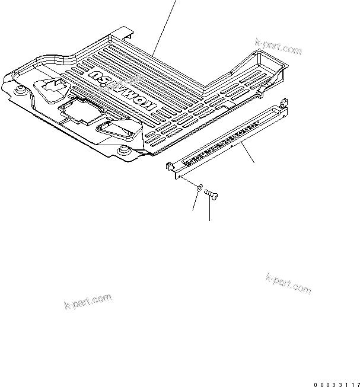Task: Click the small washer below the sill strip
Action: click(200, 188)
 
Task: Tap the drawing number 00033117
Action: click(336, 382)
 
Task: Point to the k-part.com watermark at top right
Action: click(278, 47)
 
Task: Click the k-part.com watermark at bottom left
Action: click(87, 302)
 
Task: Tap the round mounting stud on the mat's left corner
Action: click(22, 90)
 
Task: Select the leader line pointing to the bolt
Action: click(210, 210)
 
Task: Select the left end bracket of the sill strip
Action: click(171, 167)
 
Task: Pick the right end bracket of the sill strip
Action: click(282, 108)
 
